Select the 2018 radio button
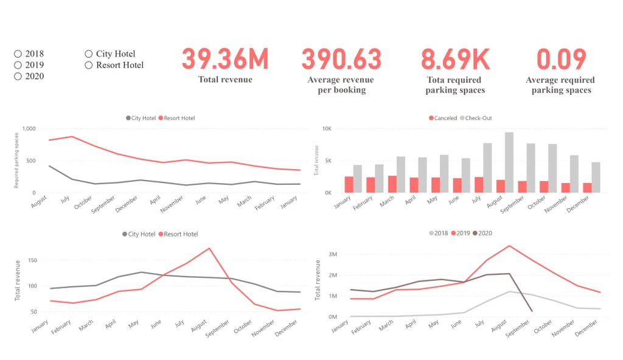18,54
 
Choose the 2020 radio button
18,77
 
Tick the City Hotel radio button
89,54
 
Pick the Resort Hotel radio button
89,65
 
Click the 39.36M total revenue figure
225,60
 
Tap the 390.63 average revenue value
341,60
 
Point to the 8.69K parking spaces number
455,60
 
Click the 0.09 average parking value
561,60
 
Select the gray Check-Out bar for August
509,162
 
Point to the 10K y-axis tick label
326,129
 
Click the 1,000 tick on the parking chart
29,129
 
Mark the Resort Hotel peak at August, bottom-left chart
209,248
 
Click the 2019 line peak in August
509,246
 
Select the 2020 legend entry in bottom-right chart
482,234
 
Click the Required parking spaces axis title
17,161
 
